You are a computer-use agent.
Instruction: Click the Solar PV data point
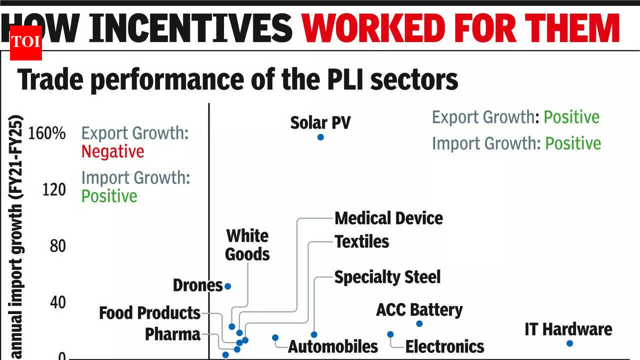pyautogui.click(x=320, y=137)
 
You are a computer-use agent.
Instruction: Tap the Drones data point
pyautogui.click(x=227, y=286)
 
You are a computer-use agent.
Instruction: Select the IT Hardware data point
pyautogui.click(x=569, y=343)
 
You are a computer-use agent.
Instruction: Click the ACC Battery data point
pyautogui.click(x=419, y=323)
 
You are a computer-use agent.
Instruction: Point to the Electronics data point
pyautogui.click(x=390, y=334)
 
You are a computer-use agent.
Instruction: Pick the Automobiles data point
pyautogui.click(x=275, y=337)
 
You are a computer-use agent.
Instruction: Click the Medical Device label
pyautogui.click(x=388, y=218)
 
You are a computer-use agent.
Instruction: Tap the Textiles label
pyautogui.click(x=361, y=241)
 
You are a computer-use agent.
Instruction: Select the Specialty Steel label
pyautogui.click(x=387, y=277)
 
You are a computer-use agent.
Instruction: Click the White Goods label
pyautogui.click(x=247, y=245)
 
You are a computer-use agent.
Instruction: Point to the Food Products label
pyautogui.click(x=149, y=313)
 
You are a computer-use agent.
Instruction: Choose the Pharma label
pyautogui.click(x=172, y=334)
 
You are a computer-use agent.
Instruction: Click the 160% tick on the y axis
pyautogui.click(x=47, y=133)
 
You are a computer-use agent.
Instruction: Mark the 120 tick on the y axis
pyautogui.click(x=54, y=190)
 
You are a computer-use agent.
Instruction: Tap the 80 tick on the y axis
pyautogui.click(x=58, y=246)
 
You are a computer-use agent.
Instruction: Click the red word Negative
pyautogui.click(x=112, y=151)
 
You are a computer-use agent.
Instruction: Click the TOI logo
pyautogui.click(x=25, y=41)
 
